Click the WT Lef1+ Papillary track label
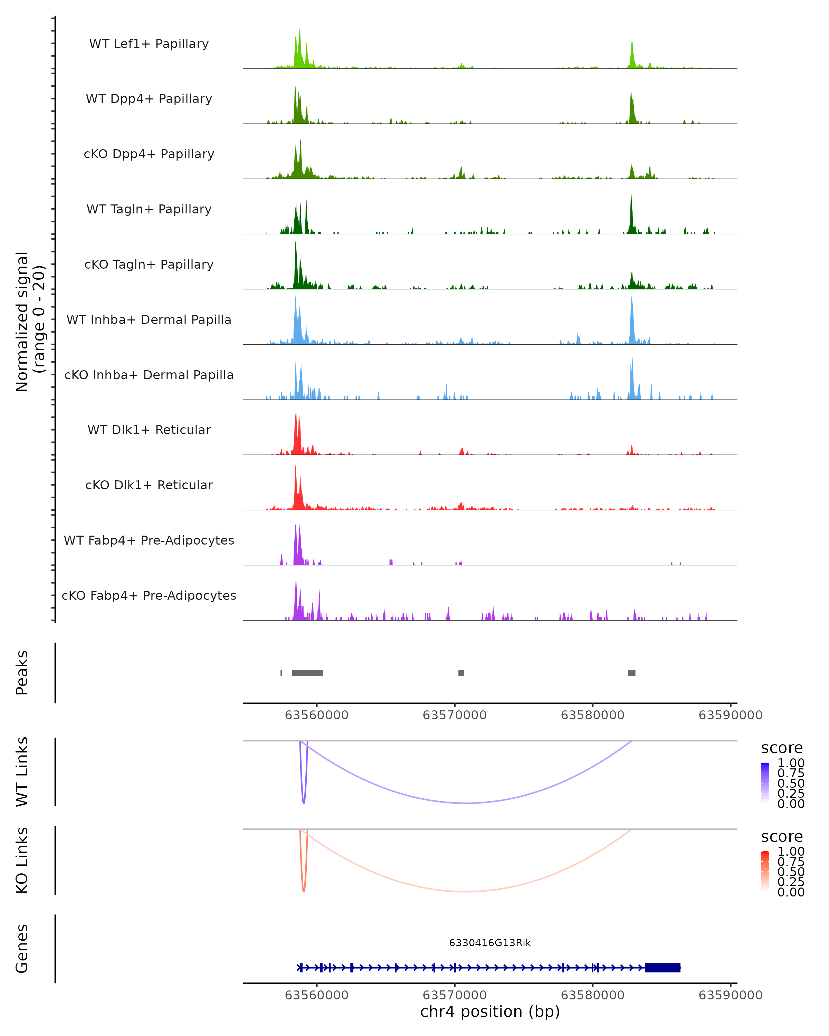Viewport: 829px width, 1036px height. [x=149, y=44]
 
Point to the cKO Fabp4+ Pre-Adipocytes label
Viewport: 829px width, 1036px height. [x=149, y=595]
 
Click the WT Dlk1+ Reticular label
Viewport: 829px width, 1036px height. [x=149, y=430]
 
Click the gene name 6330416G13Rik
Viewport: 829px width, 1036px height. [x=490, y=943]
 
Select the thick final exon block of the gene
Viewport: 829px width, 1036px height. [x=662, y=967]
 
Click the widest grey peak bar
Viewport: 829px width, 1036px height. [x=307, y=673]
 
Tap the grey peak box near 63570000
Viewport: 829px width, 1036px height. [x=461, y=673]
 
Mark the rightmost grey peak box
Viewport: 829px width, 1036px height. [x=631, y=673]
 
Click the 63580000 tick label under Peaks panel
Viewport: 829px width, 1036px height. [x=592, y=715]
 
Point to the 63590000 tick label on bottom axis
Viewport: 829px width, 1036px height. [x=730, y=995]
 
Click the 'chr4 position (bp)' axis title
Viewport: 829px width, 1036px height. [x=490, y=1011]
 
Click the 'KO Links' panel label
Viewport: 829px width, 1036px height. [x=22, y=860]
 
